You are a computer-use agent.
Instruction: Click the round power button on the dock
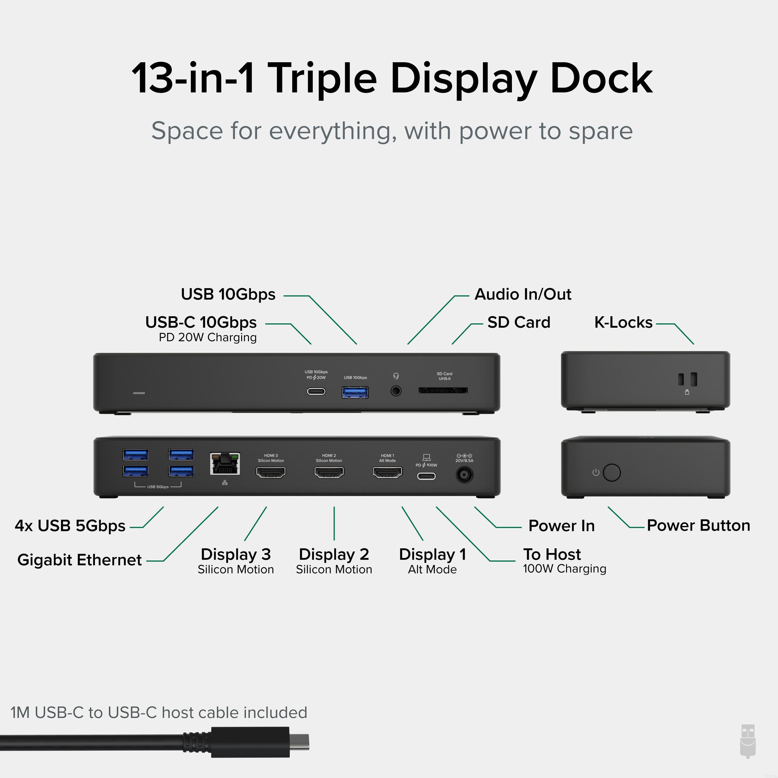(x=612, y=472)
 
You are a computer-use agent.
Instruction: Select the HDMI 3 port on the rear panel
(x=271, y=472)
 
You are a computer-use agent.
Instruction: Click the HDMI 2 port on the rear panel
(x=329, y=472)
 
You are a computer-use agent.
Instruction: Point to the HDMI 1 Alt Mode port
(x=387, y=472)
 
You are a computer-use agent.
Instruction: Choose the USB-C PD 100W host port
(x=426, y=476)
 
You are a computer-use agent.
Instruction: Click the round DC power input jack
(x=464, y=475)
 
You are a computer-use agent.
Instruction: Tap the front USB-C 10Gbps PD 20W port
(x=316, y=391)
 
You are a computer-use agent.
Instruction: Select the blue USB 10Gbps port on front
(x=355, y=392)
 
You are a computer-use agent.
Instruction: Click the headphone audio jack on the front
(x=396, y=391)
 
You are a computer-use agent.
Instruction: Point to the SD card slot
(x=443, y=390)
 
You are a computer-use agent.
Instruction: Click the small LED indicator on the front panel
(x=139, y=393)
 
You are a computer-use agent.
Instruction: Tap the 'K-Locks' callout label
(x=623, y=322)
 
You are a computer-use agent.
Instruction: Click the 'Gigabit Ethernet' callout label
(x=79, y=560)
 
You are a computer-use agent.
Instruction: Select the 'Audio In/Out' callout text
(x=523, y=294)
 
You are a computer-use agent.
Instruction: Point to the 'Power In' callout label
(x=561, y=526)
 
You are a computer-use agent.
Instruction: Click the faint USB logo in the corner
(x=748, y=747)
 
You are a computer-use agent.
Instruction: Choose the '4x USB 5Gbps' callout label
(x=70, y=526)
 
